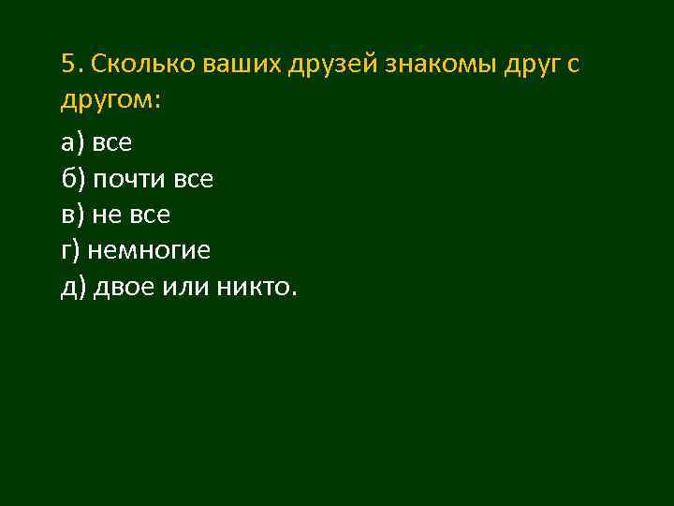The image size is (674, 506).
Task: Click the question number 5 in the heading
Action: point(68,64)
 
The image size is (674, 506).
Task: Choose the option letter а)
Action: point(72,143)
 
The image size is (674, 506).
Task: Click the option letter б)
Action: point(72,179)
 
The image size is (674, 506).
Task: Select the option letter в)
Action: point(72,216)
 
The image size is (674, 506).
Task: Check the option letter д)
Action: point(73,288)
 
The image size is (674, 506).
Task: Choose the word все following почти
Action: point(194,179)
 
